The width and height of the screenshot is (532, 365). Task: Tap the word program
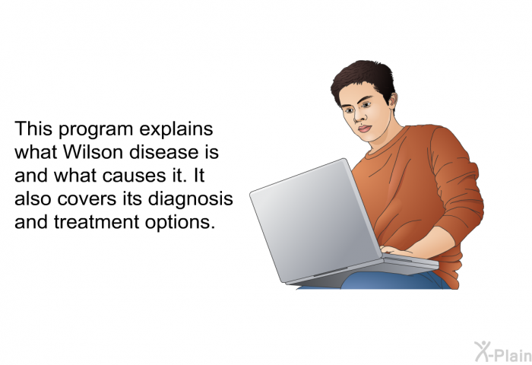tap(96, 130)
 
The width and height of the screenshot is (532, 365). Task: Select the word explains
tap(176, 130)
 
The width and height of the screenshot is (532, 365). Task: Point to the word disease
tap(163, 152)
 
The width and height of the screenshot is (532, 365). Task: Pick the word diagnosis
tap(190, 200)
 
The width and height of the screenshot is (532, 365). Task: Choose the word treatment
tap(97, 222)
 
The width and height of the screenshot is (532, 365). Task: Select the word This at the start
tap(33, 129)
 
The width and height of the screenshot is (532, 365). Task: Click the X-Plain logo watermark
tap(503, 351)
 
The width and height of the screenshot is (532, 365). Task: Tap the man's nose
tap(359, 116)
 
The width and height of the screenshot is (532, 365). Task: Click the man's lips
tap(364, 129)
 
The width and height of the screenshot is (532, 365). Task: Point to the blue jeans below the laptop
tap(390, 281)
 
